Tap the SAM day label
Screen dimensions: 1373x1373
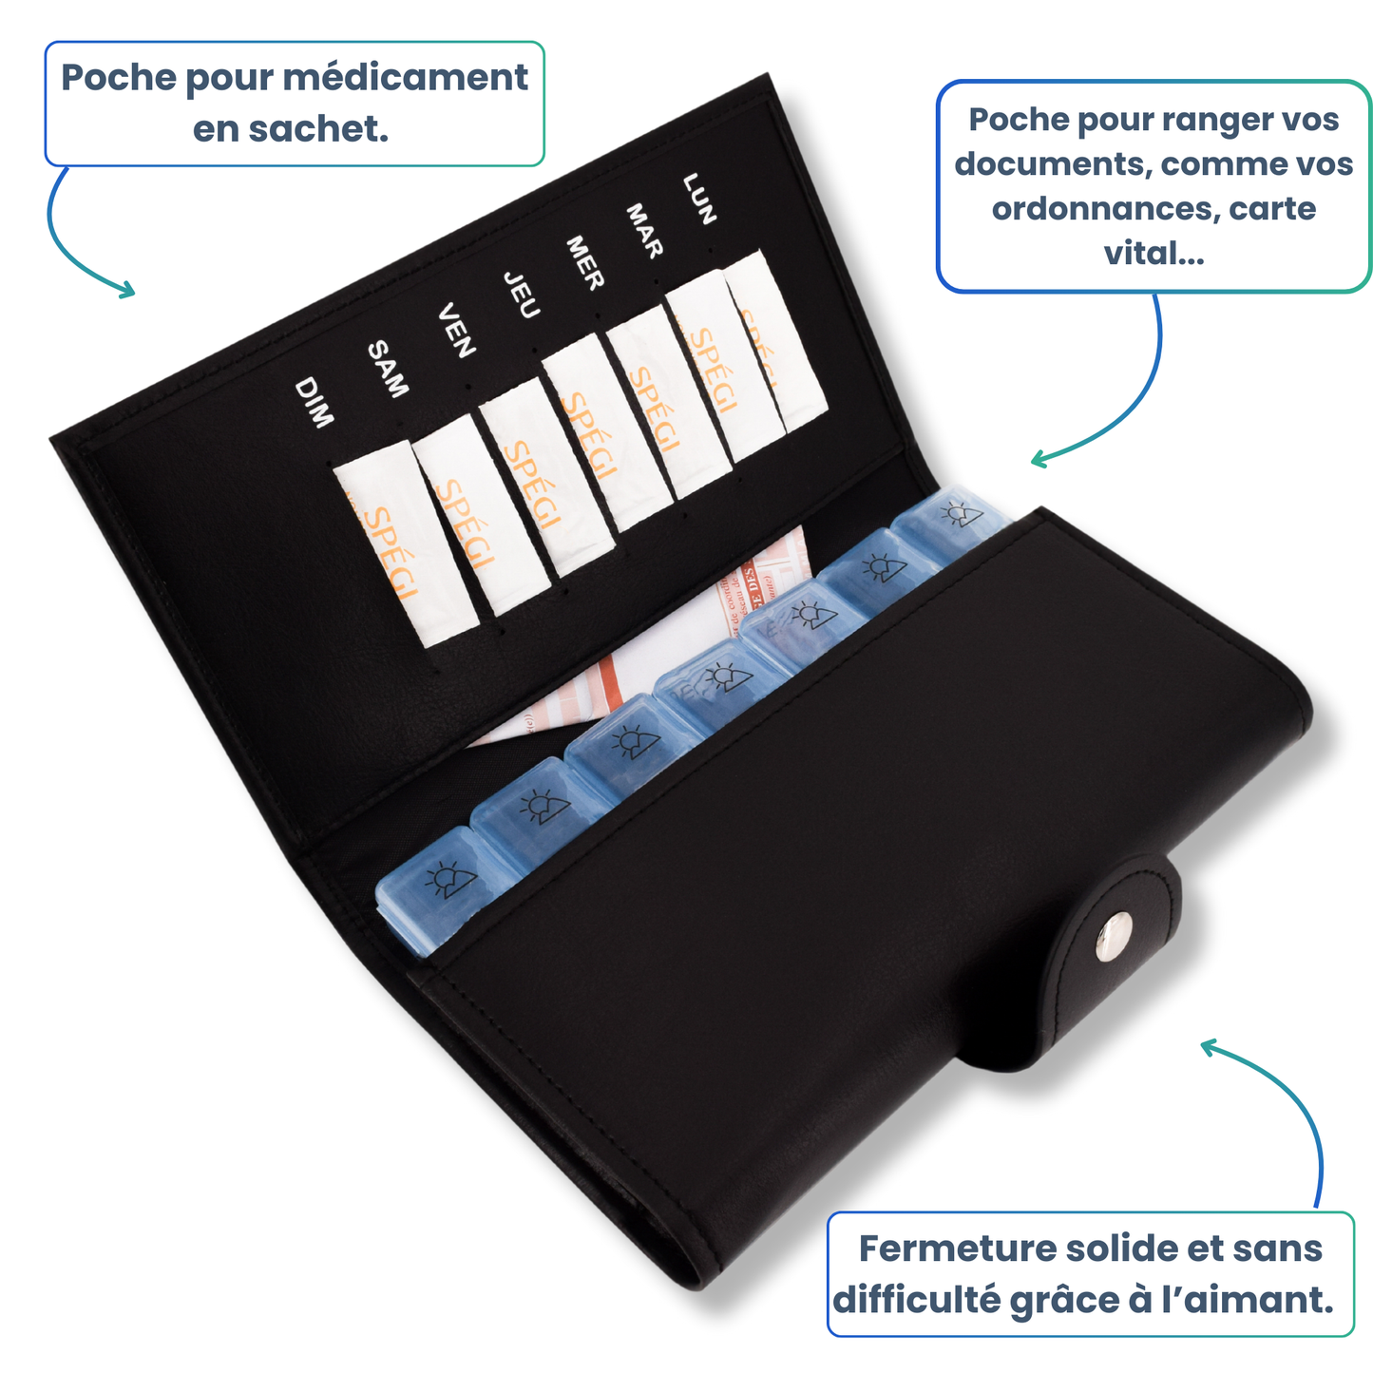click(x=388, y=369)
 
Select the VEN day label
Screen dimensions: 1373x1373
click(x=456, y=330)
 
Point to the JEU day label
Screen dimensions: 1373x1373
click(x=522, y=295)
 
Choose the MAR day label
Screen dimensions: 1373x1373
click(x=644, y=230)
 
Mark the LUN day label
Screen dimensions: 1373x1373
click(x=699, y=199)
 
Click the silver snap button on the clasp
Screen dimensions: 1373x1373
click(x=1115, y=936)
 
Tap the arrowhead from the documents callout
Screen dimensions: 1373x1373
click(x=1038, y=460)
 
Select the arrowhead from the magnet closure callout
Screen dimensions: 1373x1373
click(x=1208, y=1046)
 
